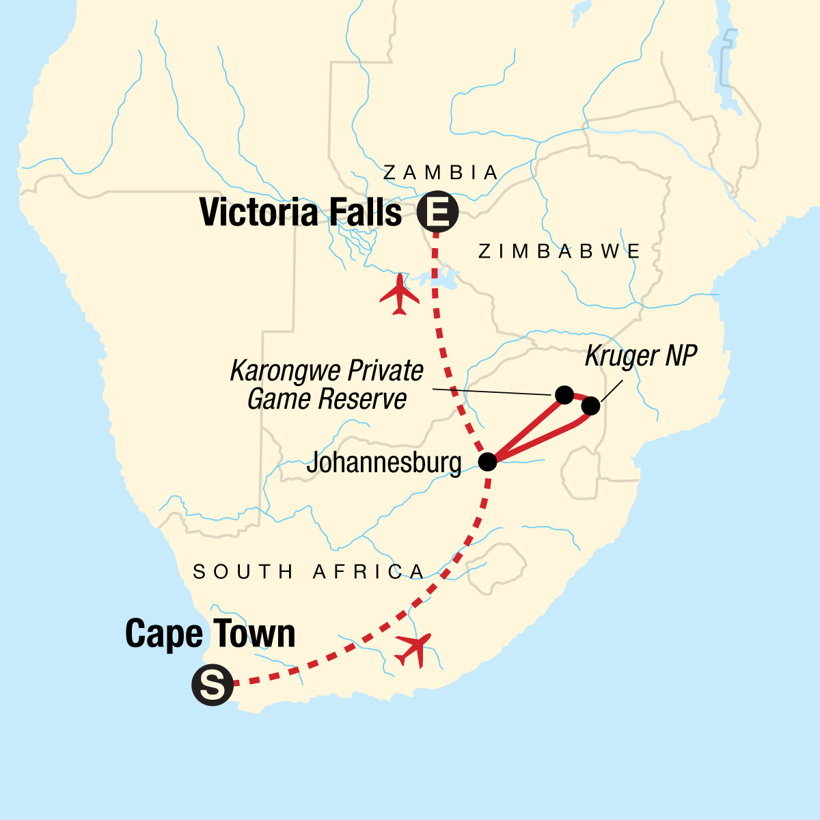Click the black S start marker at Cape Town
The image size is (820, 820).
(x=213, y=684)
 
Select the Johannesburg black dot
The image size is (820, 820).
(x=487, y=462)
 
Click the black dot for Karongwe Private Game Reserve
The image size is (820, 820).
(x=564, y=394)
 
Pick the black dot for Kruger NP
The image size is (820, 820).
(x=591, y=406)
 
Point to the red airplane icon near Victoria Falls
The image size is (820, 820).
(x=400, y=295)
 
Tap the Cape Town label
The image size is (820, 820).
(x=210, y=634)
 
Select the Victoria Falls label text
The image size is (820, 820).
(x=301, y=213)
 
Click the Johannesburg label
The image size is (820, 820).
(x=383, y=463)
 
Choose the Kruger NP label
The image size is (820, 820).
(x=640, y=356)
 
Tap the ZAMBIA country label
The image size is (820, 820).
(x=441, y=173)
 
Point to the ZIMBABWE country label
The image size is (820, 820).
(x=559, y=251)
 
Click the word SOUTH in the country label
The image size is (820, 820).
(x=243, y=571)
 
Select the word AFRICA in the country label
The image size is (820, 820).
(x=369, y=571)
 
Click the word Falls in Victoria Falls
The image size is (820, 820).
(x=362, y=213)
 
